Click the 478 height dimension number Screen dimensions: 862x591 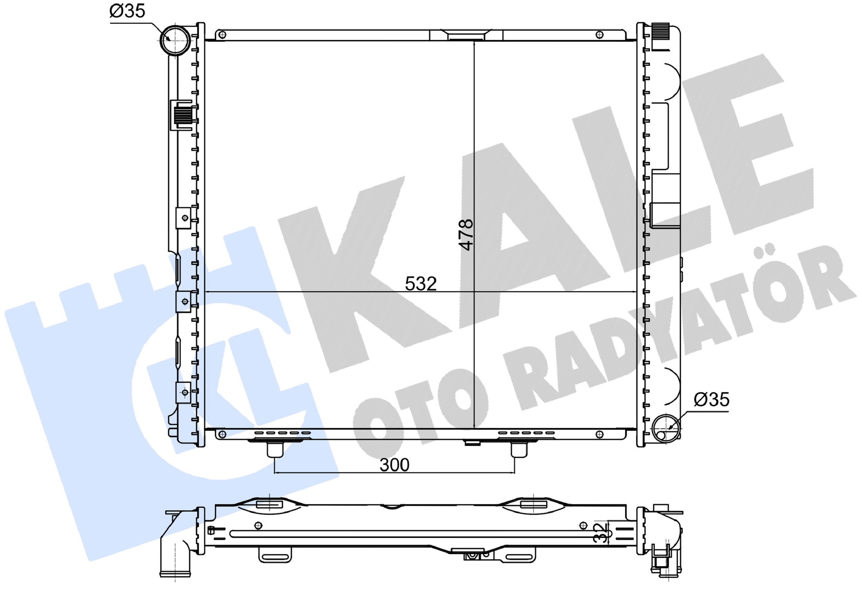click(x=467, y=235)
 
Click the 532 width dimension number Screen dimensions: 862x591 click(x=421, y=284)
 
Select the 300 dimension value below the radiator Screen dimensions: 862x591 click(x=394, y=465)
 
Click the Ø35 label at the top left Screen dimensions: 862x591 click(x=127, y=11)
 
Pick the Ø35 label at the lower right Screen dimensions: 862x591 click(x=711, y=400)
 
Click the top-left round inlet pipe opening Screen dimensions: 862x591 click(x=175, y=40)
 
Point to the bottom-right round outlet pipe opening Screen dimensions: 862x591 click(x=666, y=429)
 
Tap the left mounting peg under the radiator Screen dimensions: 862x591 click(x=275, y=450)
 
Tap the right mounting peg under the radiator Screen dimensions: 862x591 click(x=519, y=450)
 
